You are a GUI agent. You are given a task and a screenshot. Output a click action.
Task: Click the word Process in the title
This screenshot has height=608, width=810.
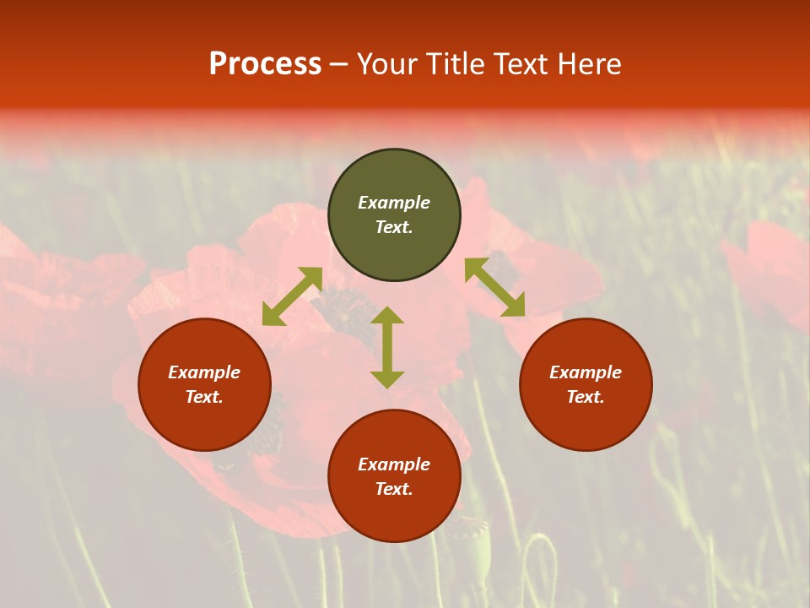point(265,64)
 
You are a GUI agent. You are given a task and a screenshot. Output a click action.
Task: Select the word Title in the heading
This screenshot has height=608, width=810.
point(459,64)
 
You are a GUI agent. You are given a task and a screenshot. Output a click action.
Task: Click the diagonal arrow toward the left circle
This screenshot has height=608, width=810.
point(292,296)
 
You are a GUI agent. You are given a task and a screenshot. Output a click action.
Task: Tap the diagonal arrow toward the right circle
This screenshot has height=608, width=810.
point(495,287)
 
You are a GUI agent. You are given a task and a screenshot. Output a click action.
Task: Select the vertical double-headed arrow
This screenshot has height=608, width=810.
point(387,347)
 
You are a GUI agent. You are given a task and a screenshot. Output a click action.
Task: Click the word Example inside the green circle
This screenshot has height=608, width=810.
point(394,203)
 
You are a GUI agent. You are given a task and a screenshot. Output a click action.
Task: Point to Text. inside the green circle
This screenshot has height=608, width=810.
point(394,227)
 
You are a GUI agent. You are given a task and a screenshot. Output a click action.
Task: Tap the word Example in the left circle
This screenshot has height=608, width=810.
point(204,372)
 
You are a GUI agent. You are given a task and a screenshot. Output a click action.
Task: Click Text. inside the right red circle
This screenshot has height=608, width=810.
point(586,397)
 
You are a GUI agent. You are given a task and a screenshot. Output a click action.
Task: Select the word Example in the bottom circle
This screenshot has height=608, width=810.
point(394,464)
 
